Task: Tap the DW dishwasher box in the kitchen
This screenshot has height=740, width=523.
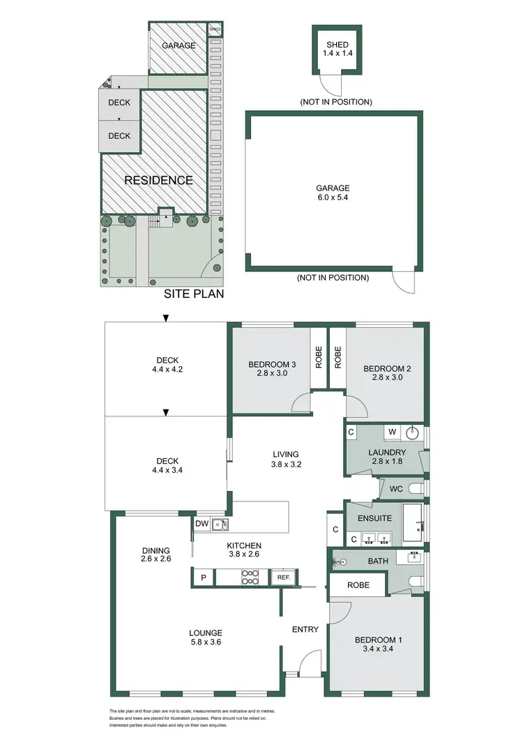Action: (x=202, y=523)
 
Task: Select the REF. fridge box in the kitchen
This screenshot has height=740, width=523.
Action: (x=283, y=577)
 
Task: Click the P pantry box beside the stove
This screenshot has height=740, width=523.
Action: (x=204, y=577)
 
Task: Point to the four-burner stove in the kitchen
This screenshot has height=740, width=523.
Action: (x=250, y=577)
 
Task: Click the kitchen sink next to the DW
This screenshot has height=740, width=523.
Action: (x=222, y=524)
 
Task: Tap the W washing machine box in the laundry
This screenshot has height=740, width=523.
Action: (x=393, y=432)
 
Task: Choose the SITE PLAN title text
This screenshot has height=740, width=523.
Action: (x=194, y=294)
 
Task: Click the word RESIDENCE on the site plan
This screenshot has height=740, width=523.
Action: (x=158, y=180)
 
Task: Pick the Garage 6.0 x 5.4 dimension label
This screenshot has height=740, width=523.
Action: (x=333, y=192)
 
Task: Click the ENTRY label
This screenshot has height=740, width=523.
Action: (x=305, y=630)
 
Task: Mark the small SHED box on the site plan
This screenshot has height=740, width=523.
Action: (x=215, y=29)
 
